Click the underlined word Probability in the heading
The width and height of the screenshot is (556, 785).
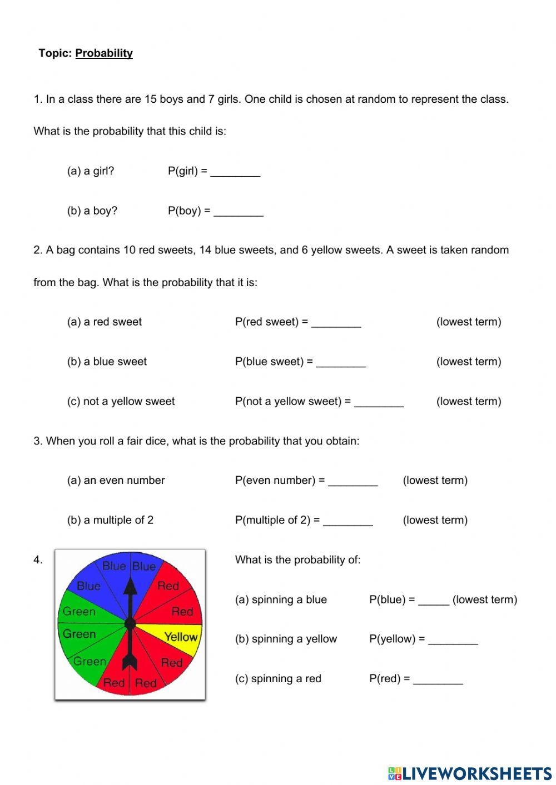pyautogui.click(x=104, y=53)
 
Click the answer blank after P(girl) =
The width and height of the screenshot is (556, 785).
pyautogui.click(x=235, y=172)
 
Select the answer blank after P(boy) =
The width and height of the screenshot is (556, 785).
pyautogui.click(x=239, y=212)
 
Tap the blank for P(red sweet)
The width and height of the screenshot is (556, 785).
pyautogui.click(x=336, y=323)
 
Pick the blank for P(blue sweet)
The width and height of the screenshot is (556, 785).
pyautogui.click(x=341, y=362)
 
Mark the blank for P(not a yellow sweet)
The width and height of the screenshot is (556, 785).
pyautogui.click(x=379, y=402)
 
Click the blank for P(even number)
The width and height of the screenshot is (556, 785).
pyautogui.click(x=353, y=481)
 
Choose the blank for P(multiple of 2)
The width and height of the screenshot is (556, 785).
pyautogui.click(x=348, y=521)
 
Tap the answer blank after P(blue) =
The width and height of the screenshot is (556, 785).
pyautogui.click(x=433, y=601)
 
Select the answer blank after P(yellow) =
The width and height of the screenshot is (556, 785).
pyautogui.click(x=453, y=640)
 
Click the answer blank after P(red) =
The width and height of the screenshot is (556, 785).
pyautogui.click(x=438, y=679)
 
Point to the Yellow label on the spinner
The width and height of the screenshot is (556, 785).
pyautogui.click(x=181, y=637)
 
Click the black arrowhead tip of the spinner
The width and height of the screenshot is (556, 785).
pyautogui.click(x=130, y=583)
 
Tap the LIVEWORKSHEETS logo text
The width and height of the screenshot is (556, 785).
pyautogui.click(x=476, y=773)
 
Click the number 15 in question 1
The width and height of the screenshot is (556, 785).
pyautogui.click(x=151, y=99)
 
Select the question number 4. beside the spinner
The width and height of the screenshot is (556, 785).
pyautogui.click(x=38, y=560)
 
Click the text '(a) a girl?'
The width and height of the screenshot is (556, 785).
pyautogui.click(x=91, y=171)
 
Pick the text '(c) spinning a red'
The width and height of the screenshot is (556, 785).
pyautogui.click(x=278, y=679)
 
